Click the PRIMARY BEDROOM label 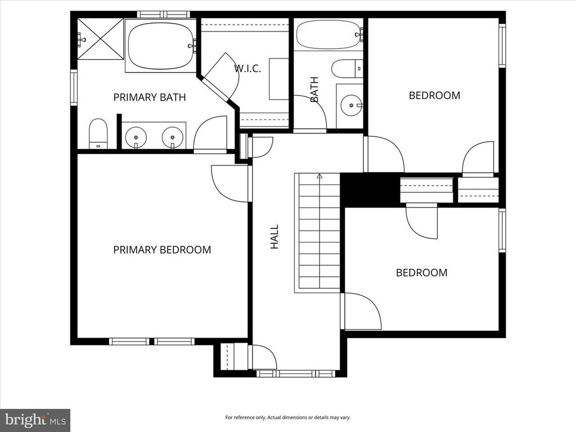(x=162, y=249)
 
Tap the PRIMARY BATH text (x=150, y=97)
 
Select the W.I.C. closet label (x=247, y=69)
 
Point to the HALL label (x=274, y=237)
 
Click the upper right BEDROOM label (x=434, y=95)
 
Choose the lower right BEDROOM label (x=422, y=272)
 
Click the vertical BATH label (x=314, y=89)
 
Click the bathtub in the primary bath (x=160, y=45)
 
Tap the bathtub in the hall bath (x=328, y=35)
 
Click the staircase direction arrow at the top (x=319, y=176)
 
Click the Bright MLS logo (x=35, y=420)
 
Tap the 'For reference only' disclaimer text (x=287, y=417)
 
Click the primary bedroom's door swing (x=228, y=183)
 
